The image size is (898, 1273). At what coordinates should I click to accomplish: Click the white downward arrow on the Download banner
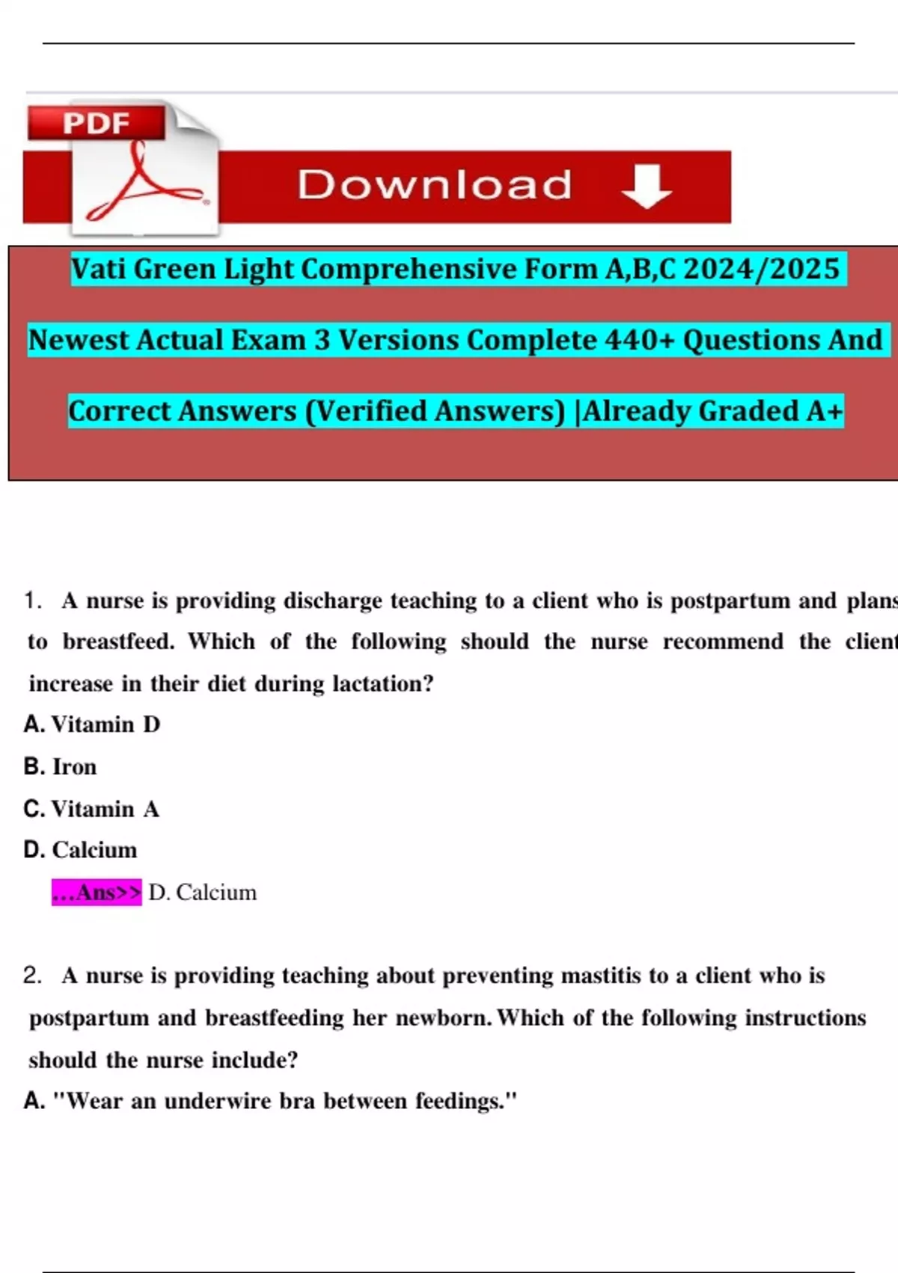click(x=647, y=186)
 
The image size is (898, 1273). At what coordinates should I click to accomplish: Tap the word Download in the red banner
click(x=435, y=185)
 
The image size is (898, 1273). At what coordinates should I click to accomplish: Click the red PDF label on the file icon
click(x=97, y=123)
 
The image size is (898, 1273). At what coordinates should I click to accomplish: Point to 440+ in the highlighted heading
click(x=640, y=340)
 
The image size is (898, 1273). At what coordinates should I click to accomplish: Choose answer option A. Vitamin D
click(x=92, y=724)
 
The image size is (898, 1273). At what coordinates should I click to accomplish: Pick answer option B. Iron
click(x=61, y=767)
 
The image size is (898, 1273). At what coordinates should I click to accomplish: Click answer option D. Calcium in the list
click(x=81, y=850)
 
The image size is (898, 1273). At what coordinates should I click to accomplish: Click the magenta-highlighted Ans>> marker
click(x=97, y=893)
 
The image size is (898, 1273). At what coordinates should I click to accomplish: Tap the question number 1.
click(x=31, y=601)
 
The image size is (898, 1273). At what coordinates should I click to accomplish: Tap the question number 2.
click(x=31, y=976)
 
